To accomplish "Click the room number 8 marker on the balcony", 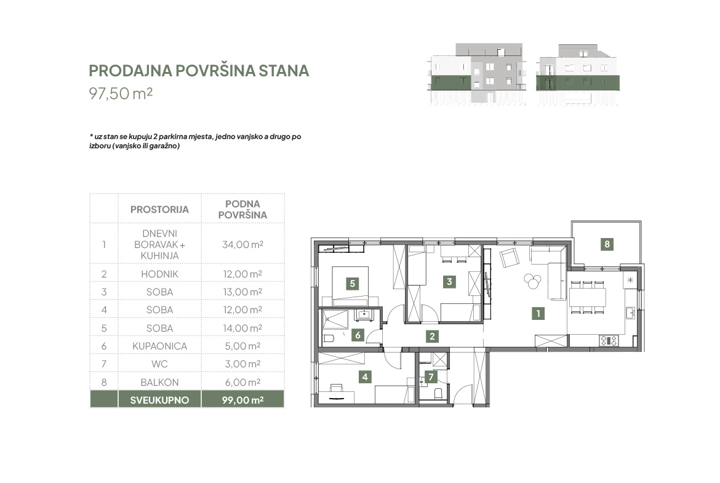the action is point(607,244).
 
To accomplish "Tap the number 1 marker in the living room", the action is point(538,314).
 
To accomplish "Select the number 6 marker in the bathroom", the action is point(358,335).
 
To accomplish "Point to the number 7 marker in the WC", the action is point(431,377).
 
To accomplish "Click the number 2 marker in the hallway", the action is point(431,336).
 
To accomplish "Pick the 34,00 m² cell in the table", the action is point(242,244).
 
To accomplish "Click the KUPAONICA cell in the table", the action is point(159,346).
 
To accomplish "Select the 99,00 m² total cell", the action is point(242,400).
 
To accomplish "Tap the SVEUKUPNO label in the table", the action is point(159,400).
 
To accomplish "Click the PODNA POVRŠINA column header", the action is point(242,209).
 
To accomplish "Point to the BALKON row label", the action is point(159,382).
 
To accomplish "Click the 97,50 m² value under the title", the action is point(120,93).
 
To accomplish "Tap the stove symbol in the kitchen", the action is point(609,341).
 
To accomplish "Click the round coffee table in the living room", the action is point(532,281).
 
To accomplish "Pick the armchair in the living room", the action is point(510,258).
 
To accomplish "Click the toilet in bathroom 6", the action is point(328,339).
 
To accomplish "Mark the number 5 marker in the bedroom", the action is point(352,283).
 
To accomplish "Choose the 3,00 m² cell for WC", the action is point(242,364).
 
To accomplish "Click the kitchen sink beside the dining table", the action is point(630,313).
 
